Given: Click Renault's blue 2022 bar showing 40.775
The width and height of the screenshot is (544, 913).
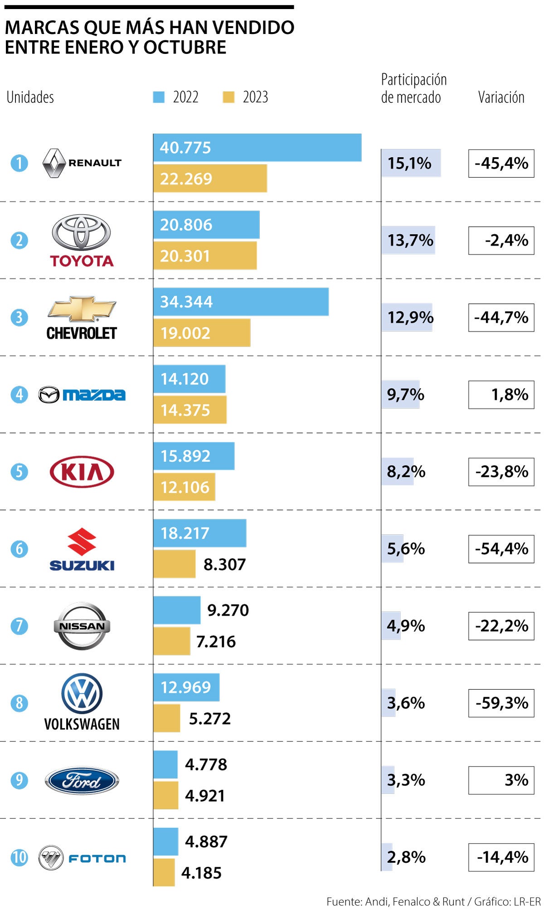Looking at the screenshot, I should coord(257,148).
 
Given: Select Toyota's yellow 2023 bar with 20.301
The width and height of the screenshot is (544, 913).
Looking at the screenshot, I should coord(205,256).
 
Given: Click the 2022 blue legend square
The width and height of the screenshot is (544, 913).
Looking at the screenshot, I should coord(159,97).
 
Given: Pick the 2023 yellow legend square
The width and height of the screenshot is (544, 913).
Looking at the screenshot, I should coord(228,97).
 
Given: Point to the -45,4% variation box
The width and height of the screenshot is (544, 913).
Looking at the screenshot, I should coord(501,163).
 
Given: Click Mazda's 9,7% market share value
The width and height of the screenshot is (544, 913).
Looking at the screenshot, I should coord(405,394).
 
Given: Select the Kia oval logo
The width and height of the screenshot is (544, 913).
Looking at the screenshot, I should coord(82,471).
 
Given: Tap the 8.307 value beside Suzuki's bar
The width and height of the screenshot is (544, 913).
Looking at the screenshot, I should coord(224,564).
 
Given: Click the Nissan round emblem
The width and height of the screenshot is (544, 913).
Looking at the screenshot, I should coord(82,626).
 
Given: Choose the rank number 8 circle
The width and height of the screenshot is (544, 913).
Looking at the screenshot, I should coord(19,703).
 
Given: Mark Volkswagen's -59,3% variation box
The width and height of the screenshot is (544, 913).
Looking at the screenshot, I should coord(501,703).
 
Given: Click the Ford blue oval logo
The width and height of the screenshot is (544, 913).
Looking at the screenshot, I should coord(82,780).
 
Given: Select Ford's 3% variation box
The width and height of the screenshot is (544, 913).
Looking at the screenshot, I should coord(501,780).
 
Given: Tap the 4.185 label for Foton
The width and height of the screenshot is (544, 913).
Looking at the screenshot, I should coord(201,873).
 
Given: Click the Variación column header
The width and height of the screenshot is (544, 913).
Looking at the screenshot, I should coord(501,97).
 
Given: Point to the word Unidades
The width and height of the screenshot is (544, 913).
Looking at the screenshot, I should coord(30,97).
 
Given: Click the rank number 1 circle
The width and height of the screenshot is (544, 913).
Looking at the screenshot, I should coord(19,163).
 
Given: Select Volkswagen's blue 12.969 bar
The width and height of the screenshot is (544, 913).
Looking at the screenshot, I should coord(186,687).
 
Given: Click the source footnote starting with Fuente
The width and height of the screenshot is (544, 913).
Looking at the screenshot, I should coord(433,901).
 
